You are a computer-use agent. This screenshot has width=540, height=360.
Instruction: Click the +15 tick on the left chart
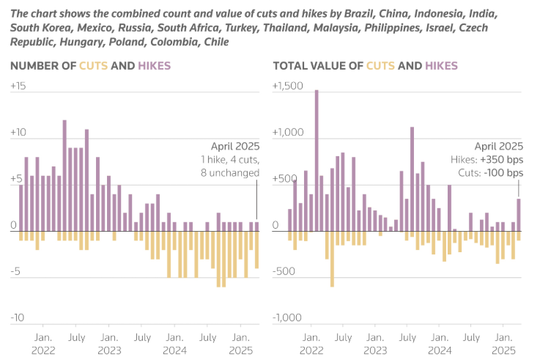(18, 86)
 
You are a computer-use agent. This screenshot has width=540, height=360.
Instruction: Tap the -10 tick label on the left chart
(18, 317)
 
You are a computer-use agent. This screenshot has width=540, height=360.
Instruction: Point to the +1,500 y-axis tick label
(286, 86)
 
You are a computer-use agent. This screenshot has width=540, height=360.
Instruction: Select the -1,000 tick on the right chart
(286, 317)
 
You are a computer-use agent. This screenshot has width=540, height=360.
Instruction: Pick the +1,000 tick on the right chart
(286, 133)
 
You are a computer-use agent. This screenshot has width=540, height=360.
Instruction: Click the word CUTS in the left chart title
(93, 66)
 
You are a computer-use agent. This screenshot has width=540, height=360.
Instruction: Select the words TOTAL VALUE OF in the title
(317, 66)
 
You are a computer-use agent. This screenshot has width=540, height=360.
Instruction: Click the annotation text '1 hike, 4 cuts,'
(229, 159)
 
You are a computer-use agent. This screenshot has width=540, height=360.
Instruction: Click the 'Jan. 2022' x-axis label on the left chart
(42, 344)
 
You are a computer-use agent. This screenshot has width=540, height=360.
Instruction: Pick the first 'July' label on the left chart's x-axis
(76, 337)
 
